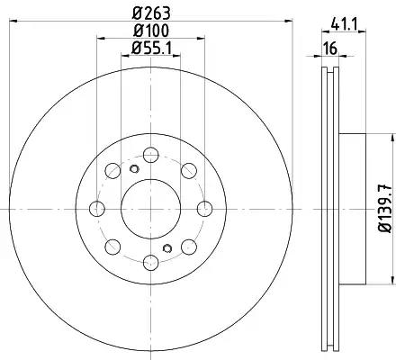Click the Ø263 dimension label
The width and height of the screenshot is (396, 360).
point(151,13)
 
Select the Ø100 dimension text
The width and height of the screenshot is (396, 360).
point(151,31)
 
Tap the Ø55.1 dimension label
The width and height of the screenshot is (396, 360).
point(151,48)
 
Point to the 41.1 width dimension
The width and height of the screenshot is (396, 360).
point(344,24)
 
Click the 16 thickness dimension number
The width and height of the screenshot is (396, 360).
point(330,49)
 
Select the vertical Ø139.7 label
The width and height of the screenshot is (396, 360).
point(386,209)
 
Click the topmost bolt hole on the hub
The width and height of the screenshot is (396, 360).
point(150,155)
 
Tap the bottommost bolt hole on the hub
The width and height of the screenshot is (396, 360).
point(150,262)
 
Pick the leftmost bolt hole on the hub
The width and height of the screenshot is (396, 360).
point(97,209)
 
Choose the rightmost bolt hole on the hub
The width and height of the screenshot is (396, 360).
point(204,209)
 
